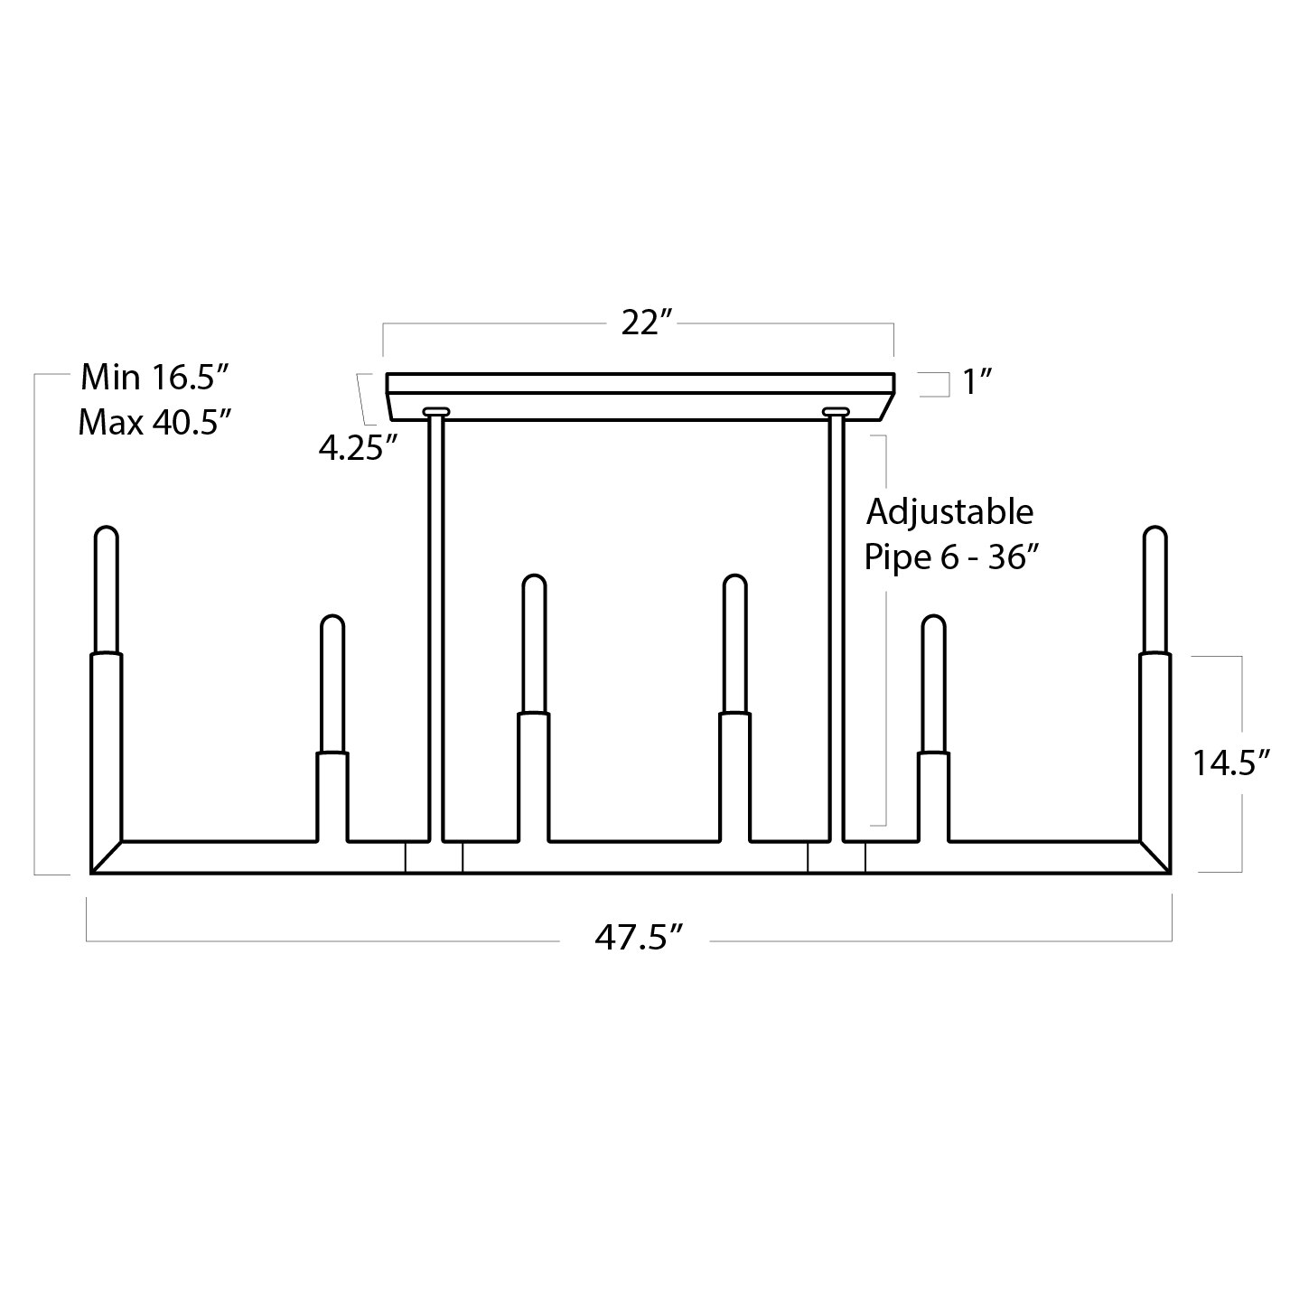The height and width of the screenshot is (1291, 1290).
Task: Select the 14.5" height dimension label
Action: coord(1231,762)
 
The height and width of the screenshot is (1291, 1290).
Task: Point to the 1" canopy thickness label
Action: coord(977,382)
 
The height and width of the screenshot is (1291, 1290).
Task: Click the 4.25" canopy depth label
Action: coord(359,447)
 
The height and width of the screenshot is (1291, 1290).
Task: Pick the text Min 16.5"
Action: coord(155,378)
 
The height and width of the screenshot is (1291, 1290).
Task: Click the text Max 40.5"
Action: coord(154,422)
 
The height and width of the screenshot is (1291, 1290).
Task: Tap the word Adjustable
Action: coord(949,513)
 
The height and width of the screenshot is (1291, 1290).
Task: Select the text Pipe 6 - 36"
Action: coord(951,557)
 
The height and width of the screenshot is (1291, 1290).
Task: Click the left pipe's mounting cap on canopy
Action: coord(435,411)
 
